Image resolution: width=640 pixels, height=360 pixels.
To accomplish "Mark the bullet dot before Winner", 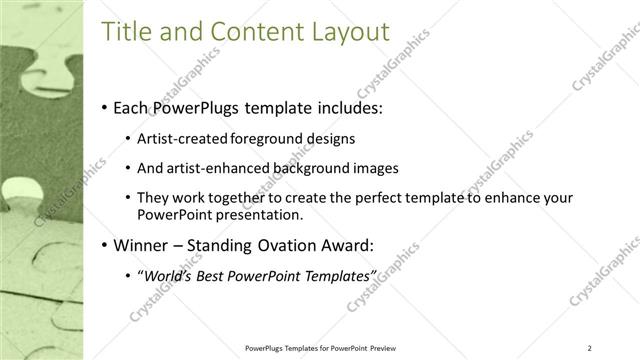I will (x=105, y=245).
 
